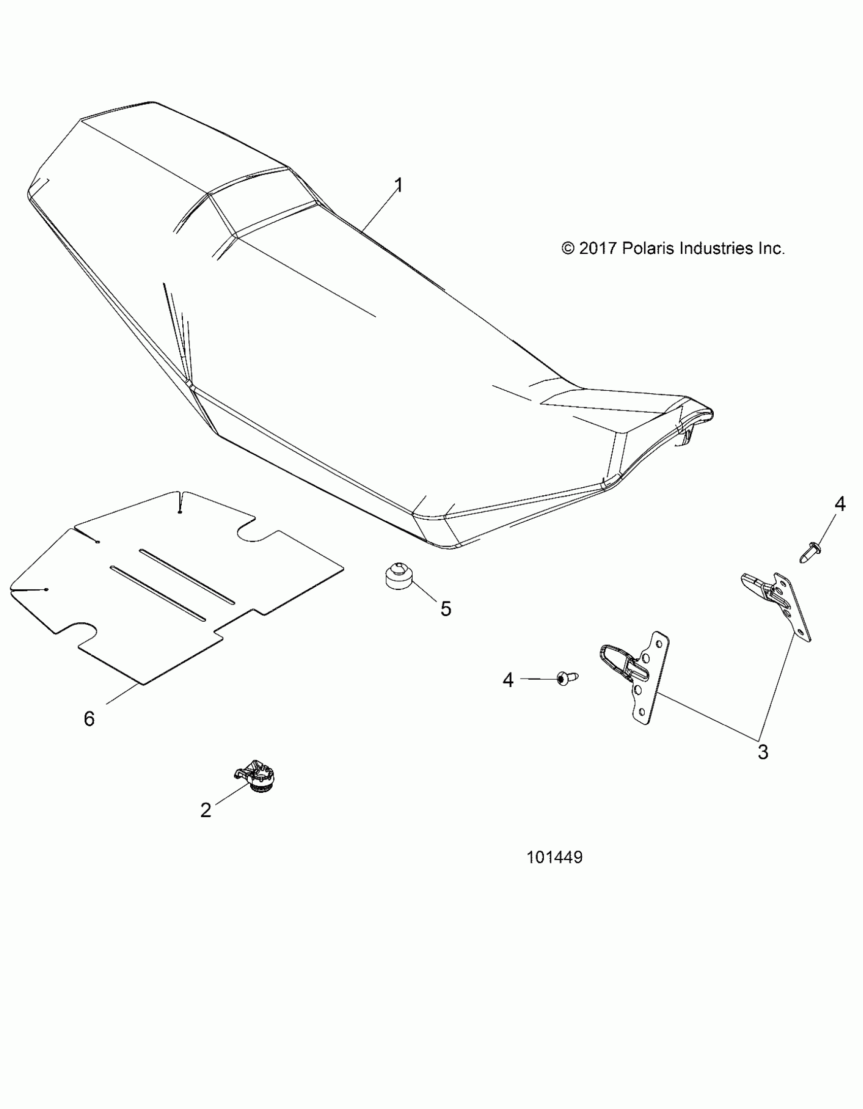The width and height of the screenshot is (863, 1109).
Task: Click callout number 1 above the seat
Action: [399, 185]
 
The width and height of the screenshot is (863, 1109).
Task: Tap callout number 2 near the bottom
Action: [206, 810]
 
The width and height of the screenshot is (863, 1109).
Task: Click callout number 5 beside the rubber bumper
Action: [446, 609]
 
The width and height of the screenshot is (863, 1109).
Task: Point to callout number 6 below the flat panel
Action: [89, 719]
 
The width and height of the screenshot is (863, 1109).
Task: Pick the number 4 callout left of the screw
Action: [508, 680]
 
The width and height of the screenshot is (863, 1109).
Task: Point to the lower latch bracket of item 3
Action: [637, 676]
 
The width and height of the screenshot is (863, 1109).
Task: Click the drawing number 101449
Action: [554, 858]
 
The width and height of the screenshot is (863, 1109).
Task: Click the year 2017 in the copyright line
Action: [598, 248]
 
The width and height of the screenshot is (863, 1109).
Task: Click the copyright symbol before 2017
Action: [568, 248]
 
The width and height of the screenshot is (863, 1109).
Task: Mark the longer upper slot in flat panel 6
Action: [187, 578]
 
